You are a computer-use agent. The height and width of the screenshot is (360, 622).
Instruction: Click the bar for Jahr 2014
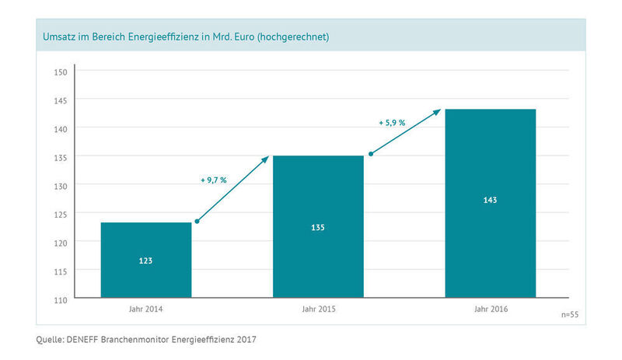coord(146,260)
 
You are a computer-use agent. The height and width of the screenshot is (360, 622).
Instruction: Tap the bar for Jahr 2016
coord(490,203)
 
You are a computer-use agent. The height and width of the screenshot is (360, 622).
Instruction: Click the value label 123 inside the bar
coord(146,260)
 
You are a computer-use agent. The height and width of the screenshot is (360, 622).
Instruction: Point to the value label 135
coord(318,228)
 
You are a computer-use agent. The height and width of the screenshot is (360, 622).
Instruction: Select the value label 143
coord(490,200)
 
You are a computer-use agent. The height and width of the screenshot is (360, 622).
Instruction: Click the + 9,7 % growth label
coord(213,180)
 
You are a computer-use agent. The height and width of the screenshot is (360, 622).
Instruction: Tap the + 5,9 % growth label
coord(392,122)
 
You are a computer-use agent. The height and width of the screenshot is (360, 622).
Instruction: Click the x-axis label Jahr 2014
coord(146,309)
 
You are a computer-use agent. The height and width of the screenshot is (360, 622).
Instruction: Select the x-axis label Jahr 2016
coord(490,309)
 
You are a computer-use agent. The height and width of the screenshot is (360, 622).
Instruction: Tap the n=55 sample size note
coord(570,316)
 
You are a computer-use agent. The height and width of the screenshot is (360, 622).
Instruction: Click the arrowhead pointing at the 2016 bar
coord(439,111)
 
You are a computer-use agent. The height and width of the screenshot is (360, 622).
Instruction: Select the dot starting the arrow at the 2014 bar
coord(197,222)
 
